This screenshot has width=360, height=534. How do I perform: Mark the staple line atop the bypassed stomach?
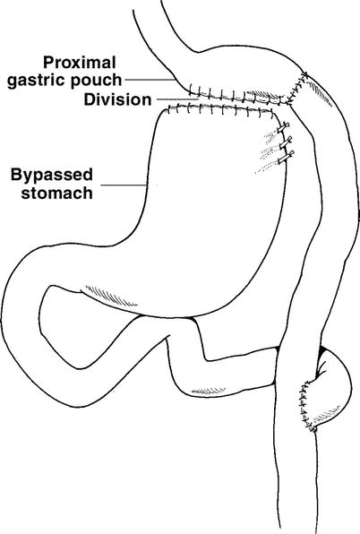224,108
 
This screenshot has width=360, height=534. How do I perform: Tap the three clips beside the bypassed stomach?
285,143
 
